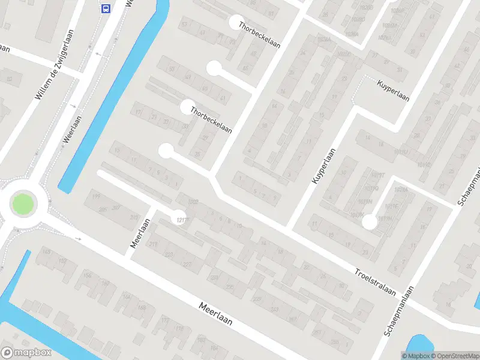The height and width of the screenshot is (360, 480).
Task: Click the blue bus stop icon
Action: (x=106, y=8)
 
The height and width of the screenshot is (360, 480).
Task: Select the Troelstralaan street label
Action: (x=374, y=281)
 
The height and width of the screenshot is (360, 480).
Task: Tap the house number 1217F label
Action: (x=178, y=218)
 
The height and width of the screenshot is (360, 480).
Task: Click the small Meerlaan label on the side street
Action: (x=139, y=234)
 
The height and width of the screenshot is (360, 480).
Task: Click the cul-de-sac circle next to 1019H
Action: (x=370, y=222)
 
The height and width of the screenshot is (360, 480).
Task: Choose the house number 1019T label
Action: (x=377, y=175)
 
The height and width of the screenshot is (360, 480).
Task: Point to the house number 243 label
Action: (x=275, y=310)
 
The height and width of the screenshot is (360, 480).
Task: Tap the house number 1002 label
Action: (x=193, y=202)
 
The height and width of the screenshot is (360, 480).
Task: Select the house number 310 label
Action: (x=134, y=217)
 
